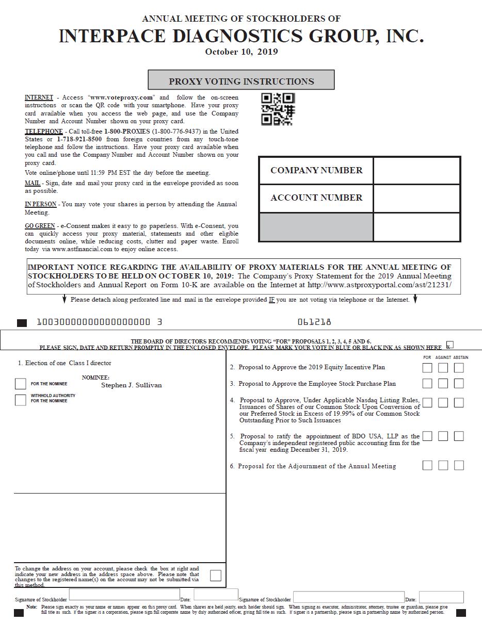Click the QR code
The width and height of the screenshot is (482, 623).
278,109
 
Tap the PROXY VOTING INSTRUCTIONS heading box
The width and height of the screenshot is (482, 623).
241,80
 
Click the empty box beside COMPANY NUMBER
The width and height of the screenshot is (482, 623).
416,171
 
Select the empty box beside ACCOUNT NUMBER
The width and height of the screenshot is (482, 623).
416,198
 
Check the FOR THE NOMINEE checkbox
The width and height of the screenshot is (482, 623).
21,384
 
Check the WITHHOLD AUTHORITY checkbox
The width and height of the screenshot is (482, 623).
21,400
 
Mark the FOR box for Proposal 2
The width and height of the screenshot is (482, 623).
427,368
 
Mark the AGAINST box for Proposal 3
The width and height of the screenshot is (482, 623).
443,384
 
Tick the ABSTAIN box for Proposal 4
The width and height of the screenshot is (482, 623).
459,402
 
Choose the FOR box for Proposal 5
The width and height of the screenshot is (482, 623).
427,436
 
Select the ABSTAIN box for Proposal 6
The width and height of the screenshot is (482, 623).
459,466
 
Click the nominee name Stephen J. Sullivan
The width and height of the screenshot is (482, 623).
131,385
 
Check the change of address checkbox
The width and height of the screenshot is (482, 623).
216,575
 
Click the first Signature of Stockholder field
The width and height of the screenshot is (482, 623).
124,595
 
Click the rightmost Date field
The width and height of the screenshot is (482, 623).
441,597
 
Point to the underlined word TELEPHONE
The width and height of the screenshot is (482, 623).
44,132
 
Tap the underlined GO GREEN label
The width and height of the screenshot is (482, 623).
40,226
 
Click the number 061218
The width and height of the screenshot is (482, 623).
314,322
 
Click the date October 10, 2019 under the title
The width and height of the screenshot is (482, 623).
241,52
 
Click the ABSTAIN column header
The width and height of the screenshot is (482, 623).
461,357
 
